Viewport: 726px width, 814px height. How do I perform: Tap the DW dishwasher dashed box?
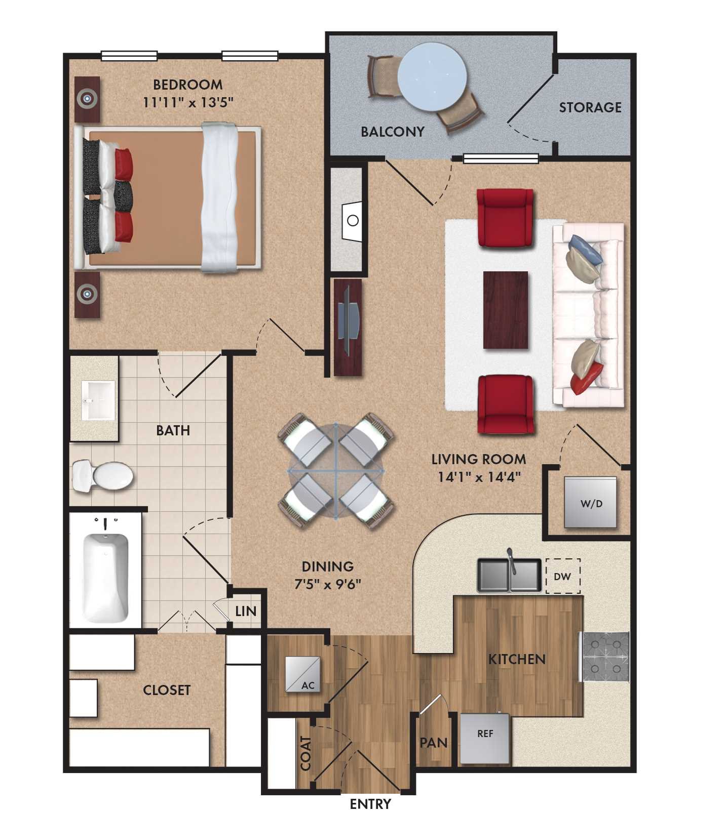[x=563, y=576]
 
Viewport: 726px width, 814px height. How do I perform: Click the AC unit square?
[x=303, y=674]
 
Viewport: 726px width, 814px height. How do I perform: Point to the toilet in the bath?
[x=103, y=476]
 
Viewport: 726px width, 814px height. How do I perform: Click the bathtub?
[x=105, y=578]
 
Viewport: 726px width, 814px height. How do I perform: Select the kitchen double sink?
[x=509, y=576]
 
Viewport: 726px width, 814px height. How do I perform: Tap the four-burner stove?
[x=606, y=657]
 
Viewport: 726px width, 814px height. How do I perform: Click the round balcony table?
[x=432, y=76]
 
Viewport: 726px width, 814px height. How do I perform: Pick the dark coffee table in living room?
[x=506, y=310]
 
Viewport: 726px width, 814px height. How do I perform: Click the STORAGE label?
[x=590, y=107]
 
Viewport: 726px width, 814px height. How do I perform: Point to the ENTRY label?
[x=370, y=803]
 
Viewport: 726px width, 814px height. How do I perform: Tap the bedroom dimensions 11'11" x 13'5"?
[x=188, y=102]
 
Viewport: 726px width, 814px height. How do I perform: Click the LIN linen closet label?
[x=246, y=611]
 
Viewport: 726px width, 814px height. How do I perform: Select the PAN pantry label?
[x=434, y=743]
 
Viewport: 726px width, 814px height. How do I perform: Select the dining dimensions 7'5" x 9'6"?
[x=327, y=584]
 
